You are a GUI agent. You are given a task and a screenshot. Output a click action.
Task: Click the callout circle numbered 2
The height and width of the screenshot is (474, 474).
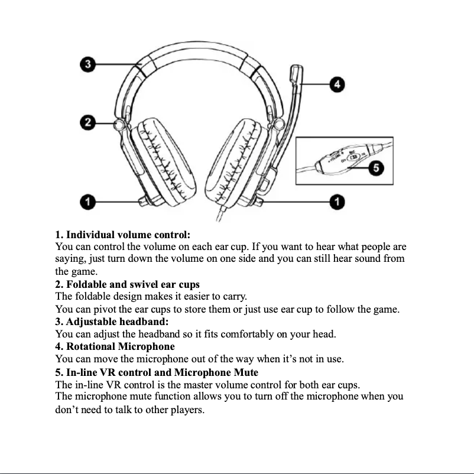(x=88, y=122)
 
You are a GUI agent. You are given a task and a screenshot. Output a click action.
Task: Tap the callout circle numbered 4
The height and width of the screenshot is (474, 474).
(x=337, y=85)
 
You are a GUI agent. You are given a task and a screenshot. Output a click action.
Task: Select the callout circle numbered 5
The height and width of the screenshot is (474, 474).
(x=375, y=168)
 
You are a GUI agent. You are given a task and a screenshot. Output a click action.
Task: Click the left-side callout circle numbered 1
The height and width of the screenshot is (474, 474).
(x=88, y=202)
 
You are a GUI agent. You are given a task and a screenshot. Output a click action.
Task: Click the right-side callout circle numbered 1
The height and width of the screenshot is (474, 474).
(x=337, y=202)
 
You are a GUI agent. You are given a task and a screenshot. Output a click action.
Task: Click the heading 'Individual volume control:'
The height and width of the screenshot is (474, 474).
(x=122, y=235)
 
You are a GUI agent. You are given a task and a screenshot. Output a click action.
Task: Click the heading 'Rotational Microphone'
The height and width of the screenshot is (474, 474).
(x=115, y=346)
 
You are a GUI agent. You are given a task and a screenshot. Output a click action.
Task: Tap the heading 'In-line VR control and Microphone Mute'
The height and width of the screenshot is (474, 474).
(x=157, y=372)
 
